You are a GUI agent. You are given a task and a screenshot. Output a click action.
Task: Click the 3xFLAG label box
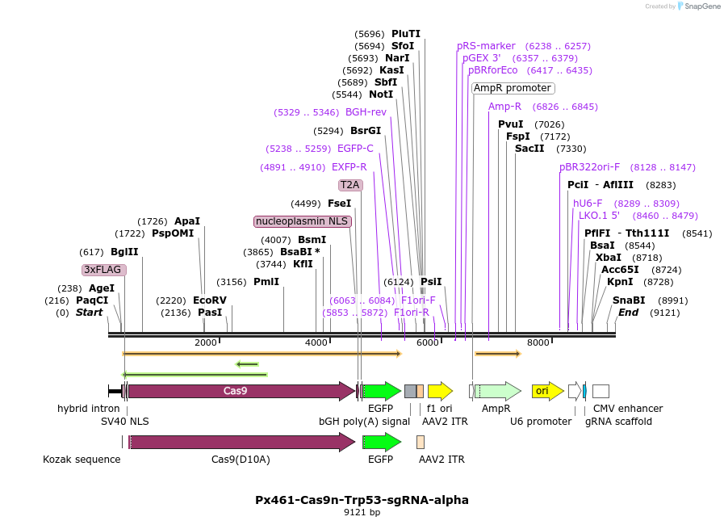[104, 270]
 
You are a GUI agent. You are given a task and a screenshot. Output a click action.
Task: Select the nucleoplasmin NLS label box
[303, 221]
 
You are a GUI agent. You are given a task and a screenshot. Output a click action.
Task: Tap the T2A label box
[350, 185]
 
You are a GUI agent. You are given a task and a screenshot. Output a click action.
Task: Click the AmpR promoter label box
[513, 88]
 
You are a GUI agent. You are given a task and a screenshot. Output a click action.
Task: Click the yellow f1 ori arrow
[440, 392]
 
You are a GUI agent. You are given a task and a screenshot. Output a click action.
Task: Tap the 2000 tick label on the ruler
[206, 343]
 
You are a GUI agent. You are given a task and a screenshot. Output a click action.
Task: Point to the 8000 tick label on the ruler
[538, 343]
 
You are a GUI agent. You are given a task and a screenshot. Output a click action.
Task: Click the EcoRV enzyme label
[210, 300]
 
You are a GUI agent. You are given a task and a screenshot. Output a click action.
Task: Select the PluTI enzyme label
[406, 34]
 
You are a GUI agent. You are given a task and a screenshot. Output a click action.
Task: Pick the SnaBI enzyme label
[629, 300]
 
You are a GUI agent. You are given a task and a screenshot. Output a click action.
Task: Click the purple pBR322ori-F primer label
[590, 167]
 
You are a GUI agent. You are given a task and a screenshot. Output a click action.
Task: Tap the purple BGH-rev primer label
[366, 112]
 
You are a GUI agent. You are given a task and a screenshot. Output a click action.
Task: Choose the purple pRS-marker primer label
[486, 46]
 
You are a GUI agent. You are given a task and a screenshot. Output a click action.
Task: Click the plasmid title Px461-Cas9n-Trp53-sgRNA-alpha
[362, 500]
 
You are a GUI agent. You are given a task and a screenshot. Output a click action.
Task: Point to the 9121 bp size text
[362, 512]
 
